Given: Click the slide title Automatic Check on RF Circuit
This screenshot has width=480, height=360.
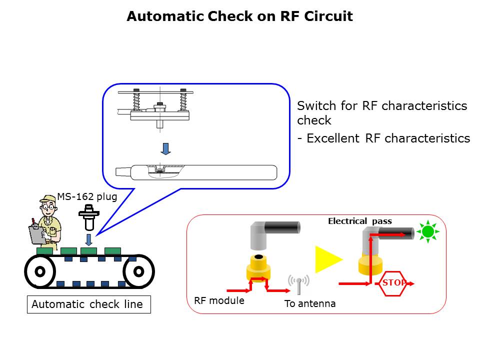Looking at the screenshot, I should click(239, 16).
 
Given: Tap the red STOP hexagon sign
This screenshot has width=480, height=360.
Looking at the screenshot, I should click(392, 283).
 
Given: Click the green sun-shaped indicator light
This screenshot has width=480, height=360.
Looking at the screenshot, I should click(427, 231).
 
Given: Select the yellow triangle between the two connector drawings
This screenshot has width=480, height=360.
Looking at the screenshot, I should click(327, 259).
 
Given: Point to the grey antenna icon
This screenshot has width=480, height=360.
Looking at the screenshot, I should click(298, 283).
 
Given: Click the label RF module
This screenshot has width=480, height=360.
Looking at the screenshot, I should click(219, 300).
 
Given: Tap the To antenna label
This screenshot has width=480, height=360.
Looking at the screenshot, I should click(310, 303).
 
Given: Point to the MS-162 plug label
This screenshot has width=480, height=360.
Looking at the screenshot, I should click(87, 196).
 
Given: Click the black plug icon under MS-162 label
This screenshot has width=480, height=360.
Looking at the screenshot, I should click(88, 215).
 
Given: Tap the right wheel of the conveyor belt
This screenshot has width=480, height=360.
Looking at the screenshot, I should click(138, 271).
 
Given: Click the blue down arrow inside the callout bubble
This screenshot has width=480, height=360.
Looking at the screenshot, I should click(166, 148).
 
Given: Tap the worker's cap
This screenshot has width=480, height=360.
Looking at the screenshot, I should click(47, 199).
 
